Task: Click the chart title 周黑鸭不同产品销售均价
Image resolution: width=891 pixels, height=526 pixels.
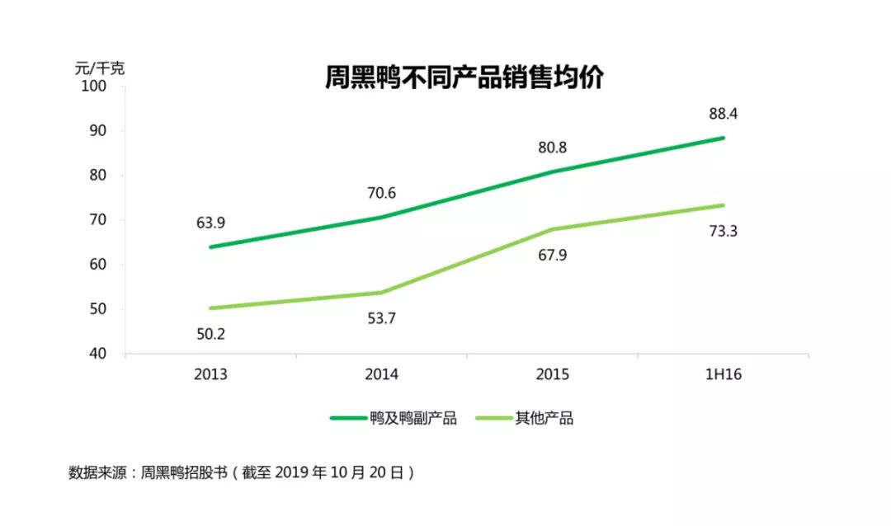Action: (x=464, y=78)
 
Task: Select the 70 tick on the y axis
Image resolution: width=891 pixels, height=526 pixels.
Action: (x=101, y=220)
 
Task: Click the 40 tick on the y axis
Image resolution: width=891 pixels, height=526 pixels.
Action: (x=101, y=354)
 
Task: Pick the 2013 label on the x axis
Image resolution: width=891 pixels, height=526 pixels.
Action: (x=210, y=374)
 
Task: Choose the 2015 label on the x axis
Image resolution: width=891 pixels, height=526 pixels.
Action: (x=552, y=374)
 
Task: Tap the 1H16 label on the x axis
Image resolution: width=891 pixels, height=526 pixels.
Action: (x=723, y=374)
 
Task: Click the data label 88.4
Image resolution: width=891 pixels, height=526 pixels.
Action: (x=723, y=114)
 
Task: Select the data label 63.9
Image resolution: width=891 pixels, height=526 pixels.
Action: (x=210, y=223)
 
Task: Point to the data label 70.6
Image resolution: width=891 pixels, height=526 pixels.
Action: (x=381, y=194)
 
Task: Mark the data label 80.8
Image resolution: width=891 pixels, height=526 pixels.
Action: (x=552, y=148)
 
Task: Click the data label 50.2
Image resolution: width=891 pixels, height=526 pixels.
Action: (x=210, y=334)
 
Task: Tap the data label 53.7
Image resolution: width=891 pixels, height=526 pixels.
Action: (x=381, y=318)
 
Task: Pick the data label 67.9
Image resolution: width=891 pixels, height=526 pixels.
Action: (x=552, y=256)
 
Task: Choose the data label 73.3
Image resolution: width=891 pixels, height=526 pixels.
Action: (x=723, y=232)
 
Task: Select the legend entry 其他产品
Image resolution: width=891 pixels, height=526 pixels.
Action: (x=544, y=418)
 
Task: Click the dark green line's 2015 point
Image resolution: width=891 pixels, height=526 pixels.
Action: (x=552, y=171)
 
